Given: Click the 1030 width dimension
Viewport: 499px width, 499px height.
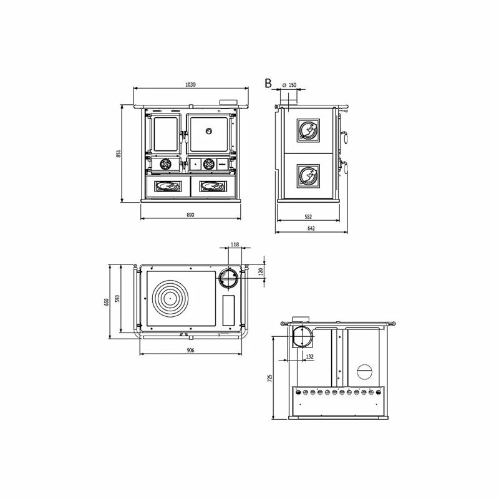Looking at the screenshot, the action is pos(190,85).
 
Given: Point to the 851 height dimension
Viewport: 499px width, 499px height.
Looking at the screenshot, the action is pos(119,153).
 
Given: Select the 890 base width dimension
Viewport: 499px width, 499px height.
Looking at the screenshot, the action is pos(190,215).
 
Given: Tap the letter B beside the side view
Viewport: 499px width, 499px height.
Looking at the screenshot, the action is pos(268,84).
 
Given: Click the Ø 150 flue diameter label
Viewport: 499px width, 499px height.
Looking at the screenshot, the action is pos(289,85).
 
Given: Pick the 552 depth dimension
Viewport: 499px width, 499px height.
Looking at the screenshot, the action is pos(308,216).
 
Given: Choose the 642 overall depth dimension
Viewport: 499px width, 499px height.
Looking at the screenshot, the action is pos(311,228).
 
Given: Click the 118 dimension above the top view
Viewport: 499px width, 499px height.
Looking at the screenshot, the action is pos(235,245).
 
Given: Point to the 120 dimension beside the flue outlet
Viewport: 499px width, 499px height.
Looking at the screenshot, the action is pos(261,272).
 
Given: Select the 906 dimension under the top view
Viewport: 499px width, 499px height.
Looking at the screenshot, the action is pos(190,351).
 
